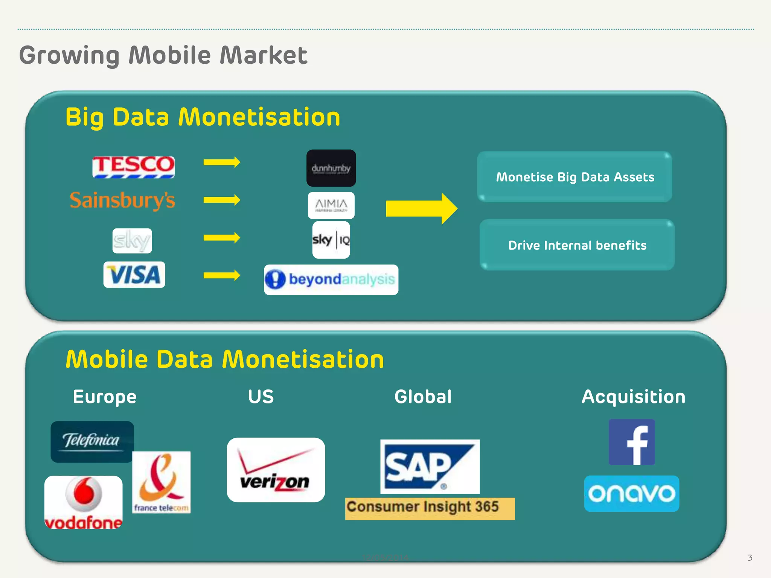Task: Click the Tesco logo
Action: [x=133, y=167]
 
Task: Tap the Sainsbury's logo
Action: [x=122, y=200]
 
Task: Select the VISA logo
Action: [x=134, y=275]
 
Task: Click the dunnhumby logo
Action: [x=331, y=168]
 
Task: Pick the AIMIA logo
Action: [x=331, y=205]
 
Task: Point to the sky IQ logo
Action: [x=331, y=240]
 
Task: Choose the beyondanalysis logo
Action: [x=331, y=280]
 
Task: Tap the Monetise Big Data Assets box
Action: [x=574, y=177]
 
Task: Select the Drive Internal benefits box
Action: [x=577, y=245]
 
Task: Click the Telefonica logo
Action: [x=92, y=441]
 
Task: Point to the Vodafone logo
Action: [x=83, y=502]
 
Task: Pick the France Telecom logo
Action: [x=162, y=482]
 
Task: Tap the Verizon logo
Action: [x=276, y=470]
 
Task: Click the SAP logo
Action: [x=430, y=466]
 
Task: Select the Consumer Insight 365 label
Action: [x=430, y=508]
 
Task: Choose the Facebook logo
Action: [x=632, y=442]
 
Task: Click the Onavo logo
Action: [x=631, y=493]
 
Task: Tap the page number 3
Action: [x=750, y=558]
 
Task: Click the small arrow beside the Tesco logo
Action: [x=222, y=162]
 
